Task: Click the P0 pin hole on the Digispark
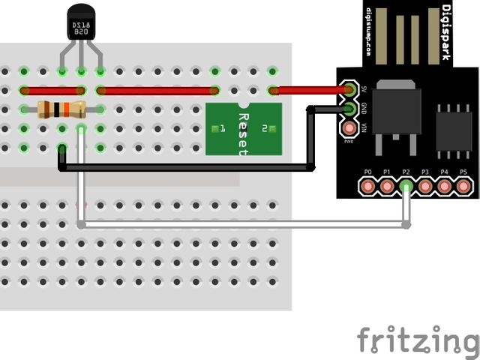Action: click(x=367, y=184)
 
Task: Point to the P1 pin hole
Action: click(x=387, y=184)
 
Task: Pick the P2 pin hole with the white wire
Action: click(x=406, y=184)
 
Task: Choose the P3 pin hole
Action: click(x=425, y=184)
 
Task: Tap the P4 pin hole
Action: click(x=444, y=184)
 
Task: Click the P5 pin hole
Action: click(x=463, y=184)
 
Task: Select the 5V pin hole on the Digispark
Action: click(x=349, y=90)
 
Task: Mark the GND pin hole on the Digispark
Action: click(x=349, y=109)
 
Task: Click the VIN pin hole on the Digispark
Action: click(x=349, y=128)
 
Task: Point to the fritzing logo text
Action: click(x=415, y=340)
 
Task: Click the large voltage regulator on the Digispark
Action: click(x=397, y=112)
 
